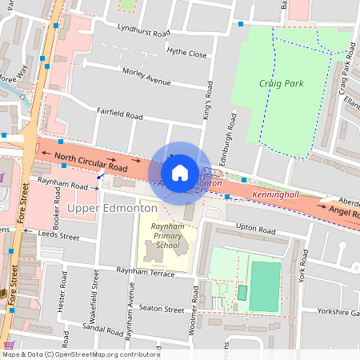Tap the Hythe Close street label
point(186,54)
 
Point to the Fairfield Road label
point(119,114)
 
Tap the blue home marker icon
point(180,172)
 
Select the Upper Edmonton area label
point(112,209)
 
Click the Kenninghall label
point(275,194)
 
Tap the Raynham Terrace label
point(145,273)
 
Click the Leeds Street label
point(59,237)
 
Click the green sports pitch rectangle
point(265,286)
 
